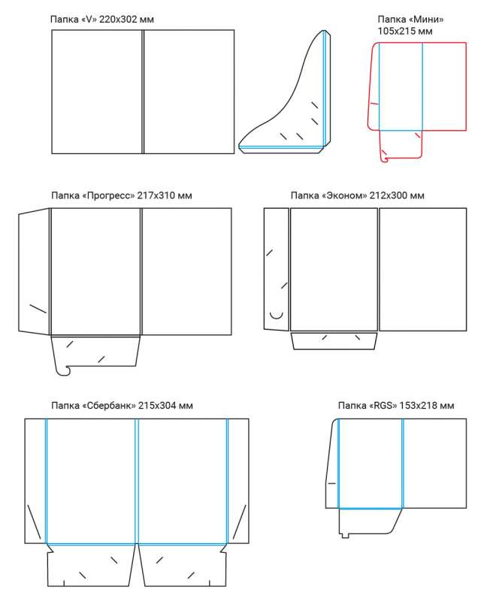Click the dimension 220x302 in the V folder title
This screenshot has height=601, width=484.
[x=118, y=20]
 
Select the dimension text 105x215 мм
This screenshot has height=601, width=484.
[x=405, y=31]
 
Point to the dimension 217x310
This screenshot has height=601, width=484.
[x=156, y=195]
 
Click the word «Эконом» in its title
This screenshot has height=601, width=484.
[x=345, y=195]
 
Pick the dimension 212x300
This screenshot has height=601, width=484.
[x=388, y=195]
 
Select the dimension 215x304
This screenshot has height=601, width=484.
[x=157, y=406]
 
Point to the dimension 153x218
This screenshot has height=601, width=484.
[x=418, y=406]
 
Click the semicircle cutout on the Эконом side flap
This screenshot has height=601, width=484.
[x=277, y=316]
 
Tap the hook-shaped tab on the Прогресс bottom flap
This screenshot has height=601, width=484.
[x=63, y=370]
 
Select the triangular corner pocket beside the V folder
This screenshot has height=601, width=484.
[x=285, y=92]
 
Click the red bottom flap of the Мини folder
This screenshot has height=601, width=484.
[x=401, y=146]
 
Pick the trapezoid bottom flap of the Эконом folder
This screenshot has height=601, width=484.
[x=334, y=341]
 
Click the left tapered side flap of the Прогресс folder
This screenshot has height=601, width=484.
[x=34, y=271]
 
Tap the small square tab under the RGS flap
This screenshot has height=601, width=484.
[x=345, y=535]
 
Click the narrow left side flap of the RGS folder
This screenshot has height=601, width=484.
[x=332, y=464]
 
